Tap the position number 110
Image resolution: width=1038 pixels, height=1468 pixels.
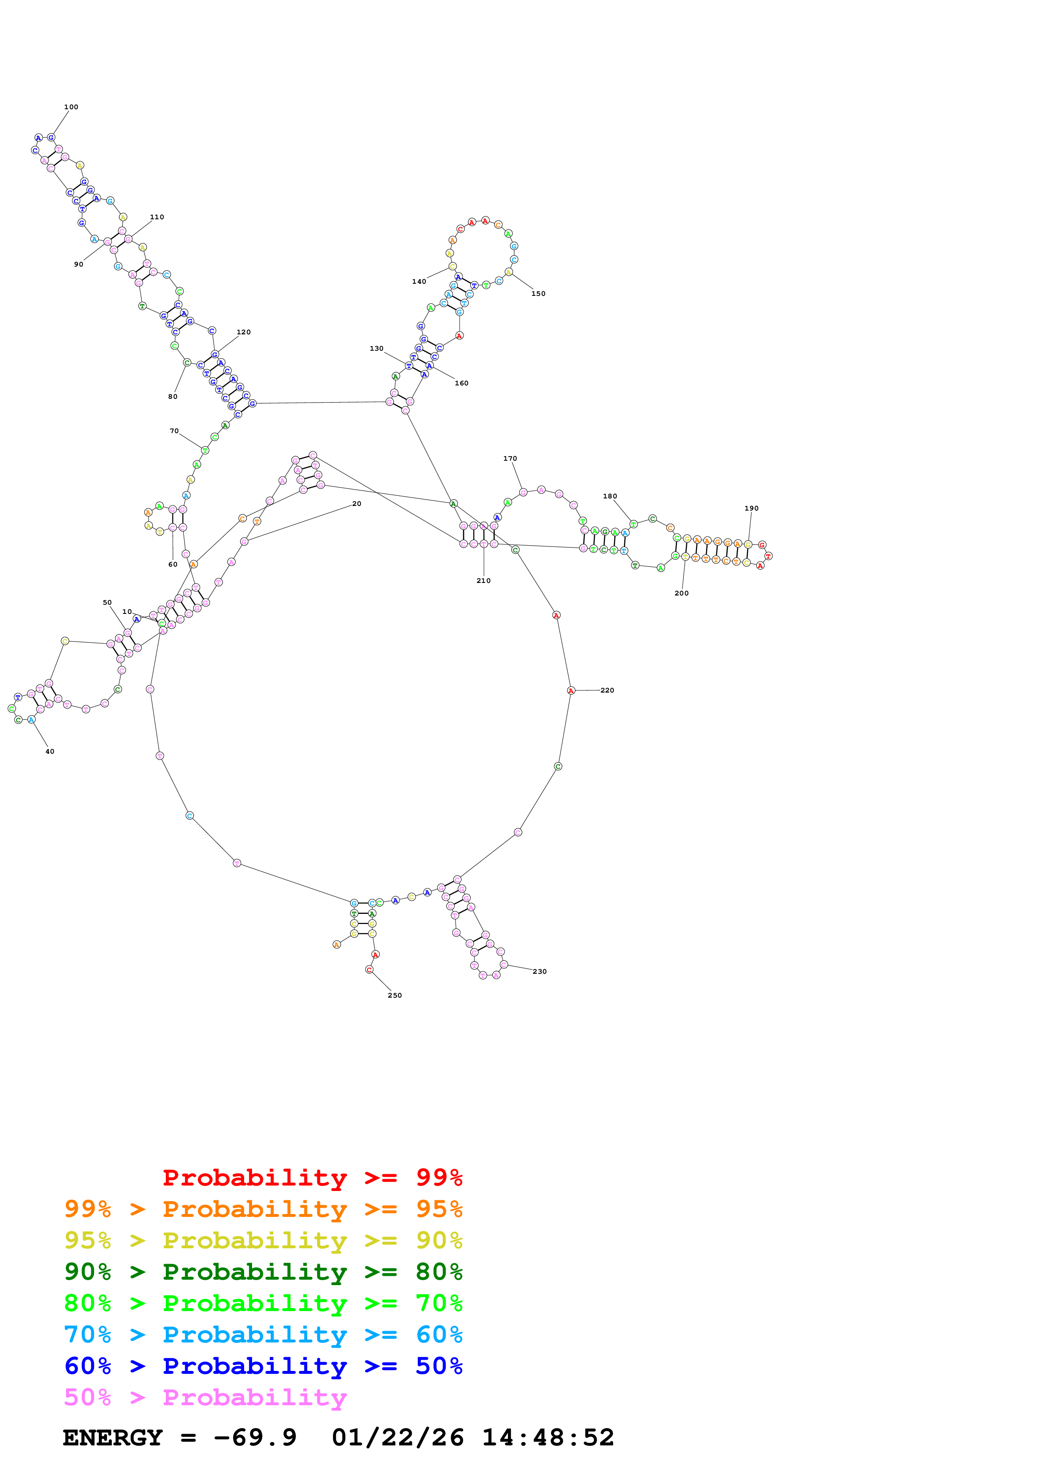click(157, 217)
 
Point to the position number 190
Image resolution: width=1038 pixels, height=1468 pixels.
click(752, 509)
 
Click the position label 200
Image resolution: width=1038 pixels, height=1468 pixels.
click(682, 594)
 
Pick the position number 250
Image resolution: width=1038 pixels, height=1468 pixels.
click(394, 996)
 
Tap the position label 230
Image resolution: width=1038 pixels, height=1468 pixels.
click(540, 972)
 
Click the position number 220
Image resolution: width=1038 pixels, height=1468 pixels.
click(607, 690)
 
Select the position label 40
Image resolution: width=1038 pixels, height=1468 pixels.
click(50, 752)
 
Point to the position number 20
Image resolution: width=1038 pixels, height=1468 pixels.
click(357, 504)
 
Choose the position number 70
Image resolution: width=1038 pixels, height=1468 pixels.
click(174, 431)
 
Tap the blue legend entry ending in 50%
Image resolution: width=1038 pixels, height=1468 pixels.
click(263, 1366)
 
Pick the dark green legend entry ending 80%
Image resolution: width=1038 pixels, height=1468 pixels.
click(263, 1272)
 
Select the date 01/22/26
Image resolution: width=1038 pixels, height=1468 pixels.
click(397, 1438)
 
